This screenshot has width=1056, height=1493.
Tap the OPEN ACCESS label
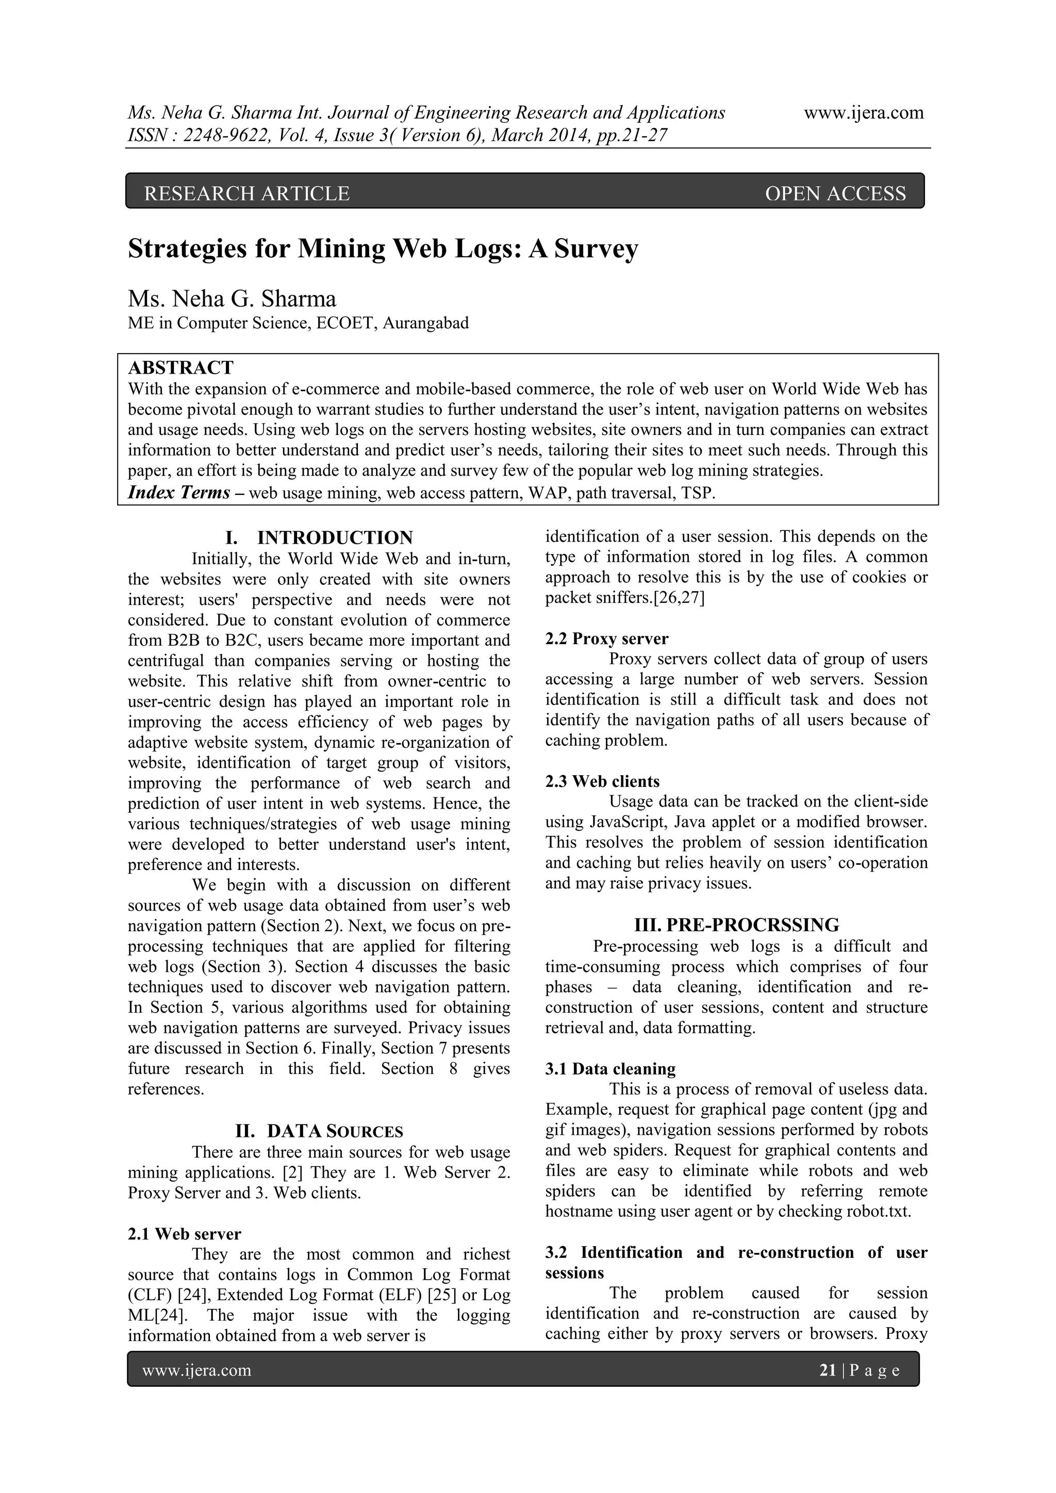click(835, 193)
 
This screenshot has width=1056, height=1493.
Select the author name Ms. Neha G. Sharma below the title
click(232, 298)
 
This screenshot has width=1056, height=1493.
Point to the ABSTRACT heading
click(180, 368)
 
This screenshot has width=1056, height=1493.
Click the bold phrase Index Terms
click(179, 492)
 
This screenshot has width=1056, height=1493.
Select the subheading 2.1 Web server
click(184, 1234)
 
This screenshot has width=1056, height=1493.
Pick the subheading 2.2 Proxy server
click(606, 639)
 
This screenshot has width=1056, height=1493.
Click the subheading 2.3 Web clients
click(602, 782)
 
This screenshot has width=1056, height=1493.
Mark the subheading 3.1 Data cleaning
click(610, 1069)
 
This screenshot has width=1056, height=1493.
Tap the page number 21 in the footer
click(828, 1371)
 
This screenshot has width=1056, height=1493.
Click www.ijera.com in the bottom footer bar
click(196, 1371)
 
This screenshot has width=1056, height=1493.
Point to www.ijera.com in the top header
click(863, 112)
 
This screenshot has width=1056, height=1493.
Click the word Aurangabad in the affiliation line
click(425, 323)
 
